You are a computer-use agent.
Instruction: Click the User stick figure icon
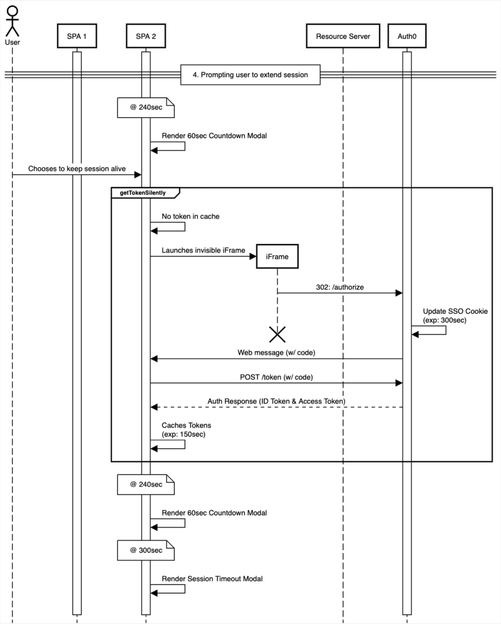(x=12, y=21)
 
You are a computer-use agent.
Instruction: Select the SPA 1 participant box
(x=77, y=36)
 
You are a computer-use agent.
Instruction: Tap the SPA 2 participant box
(x=146, y=36)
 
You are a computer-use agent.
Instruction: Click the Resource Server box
(x=343, y=36)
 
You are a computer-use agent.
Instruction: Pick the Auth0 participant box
(x=406, y=36)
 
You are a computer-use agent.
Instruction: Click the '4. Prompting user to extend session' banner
(x=250, y=75)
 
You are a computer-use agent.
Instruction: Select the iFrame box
(x=277, y=256)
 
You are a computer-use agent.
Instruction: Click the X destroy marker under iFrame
(x=277, y=334)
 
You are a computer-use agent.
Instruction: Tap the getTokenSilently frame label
(x=143, y=193)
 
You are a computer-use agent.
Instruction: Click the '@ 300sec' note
(x=146, y=550)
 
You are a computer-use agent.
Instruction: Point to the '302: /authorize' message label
(x=340, y=287)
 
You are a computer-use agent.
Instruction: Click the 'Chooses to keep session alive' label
(x=77, y=169)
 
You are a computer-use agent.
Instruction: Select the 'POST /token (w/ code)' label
(x=276, y=377)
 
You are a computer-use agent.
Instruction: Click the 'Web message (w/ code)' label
(x=276, y=352)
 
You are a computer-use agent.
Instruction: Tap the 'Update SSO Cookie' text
(x=455, y=311)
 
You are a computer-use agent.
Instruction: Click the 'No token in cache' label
(x=190, y=216)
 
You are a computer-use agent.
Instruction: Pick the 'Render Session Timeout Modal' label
(x=212, y=579)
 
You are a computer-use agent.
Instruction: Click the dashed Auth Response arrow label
(x=276, y=401)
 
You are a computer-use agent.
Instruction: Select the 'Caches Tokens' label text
(x=186, y=425)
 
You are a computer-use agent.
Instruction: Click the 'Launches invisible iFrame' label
(x=203, y=250)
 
